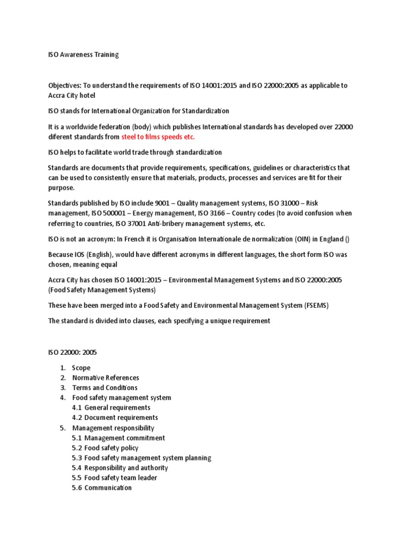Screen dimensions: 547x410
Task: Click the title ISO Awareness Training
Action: [x=83, y=54]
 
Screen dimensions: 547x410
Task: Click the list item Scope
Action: [x=81, y=368]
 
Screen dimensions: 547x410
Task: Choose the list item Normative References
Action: [x=106, y=378]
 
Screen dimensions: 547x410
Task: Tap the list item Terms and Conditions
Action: [x=105, y=388]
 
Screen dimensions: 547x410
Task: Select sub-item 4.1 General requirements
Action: [x=111, y=408]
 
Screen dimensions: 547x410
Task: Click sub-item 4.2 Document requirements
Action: [x=115, y=418]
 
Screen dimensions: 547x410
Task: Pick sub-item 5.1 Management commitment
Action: [x=119, y=438]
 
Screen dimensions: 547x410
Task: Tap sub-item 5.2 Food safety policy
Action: [x=105, y=448]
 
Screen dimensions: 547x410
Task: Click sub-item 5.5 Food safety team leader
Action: [x=114, y=478]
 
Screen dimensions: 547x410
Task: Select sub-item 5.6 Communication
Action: [x=101, y=488]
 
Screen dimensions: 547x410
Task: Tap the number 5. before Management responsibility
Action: [x=62, y=428]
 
